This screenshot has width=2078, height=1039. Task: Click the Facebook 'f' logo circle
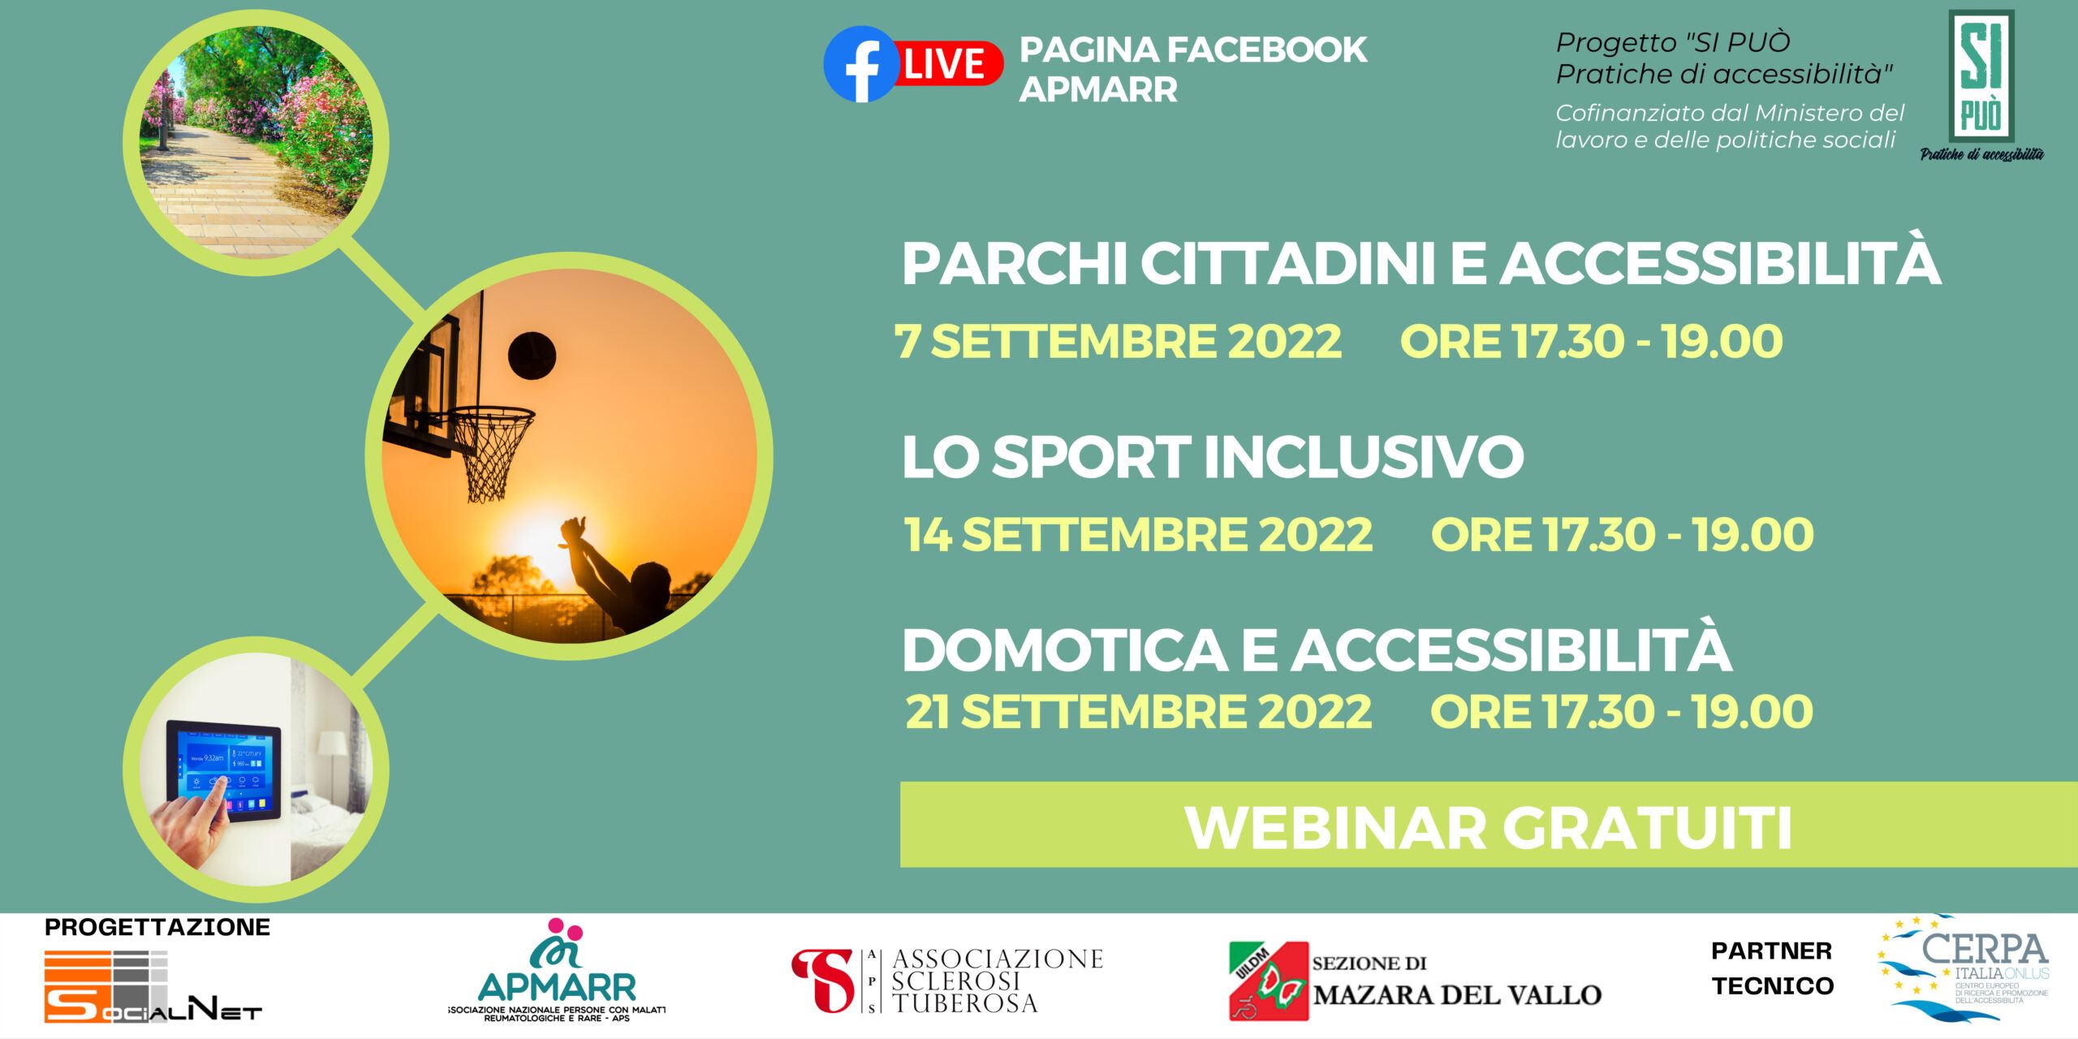tap(861, 64)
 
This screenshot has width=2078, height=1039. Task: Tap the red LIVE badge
tap(948, 64)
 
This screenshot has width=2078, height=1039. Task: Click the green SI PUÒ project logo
tap(1981, 85)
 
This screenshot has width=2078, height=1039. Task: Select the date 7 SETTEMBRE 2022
tap(1118, 341)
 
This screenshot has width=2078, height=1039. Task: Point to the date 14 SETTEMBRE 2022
tap(1138, 534)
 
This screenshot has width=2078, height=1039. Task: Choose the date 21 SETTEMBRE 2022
tap(1138, 712)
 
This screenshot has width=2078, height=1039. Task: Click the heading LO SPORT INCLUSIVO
tap(1213, 456)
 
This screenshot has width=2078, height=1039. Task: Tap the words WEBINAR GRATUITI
tap(1488, 828)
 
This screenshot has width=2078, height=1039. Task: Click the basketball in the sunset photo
tap(532, 356)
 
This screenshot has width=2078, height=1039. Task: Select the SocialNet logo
tap(153, 986)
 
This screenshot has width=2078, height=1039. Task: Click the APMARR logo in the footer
tap(557, 970)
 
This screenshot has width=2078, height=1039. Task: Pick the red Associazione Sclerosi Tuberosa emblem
tap(823, 981)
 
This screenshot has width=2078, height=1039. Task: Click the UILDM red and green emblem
tap(1269, 981)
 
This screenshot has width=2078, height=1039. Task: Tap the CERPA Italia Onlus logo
tap(1964, 968)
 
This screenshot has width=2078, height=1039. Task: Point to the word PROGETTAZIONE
tap(157, 927)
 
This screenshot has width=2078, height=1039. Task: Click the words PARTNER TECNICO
tap(1773, 968)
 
